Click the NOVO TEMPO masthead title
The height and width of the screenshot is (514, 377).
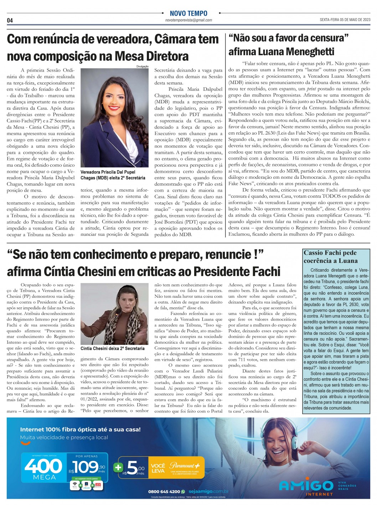188,14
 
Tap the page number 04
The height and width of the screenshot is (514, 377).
10,20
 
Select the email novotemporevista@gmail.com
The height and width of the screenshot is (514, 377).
188,20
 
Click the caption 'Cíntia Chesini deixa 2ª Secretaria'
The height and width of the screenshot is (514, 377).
113,348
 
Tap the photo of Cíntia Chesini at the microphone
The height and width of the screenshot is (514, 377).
114,313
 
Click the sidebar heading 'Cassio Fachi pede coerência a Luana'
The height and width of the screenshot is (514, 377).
330,256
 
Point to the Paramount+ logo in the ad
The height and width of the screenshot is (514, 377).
187,466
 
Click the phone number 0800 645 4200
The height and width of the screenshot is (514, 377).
164,492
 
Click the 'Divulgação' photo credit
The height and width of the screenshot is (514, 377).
142,67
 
